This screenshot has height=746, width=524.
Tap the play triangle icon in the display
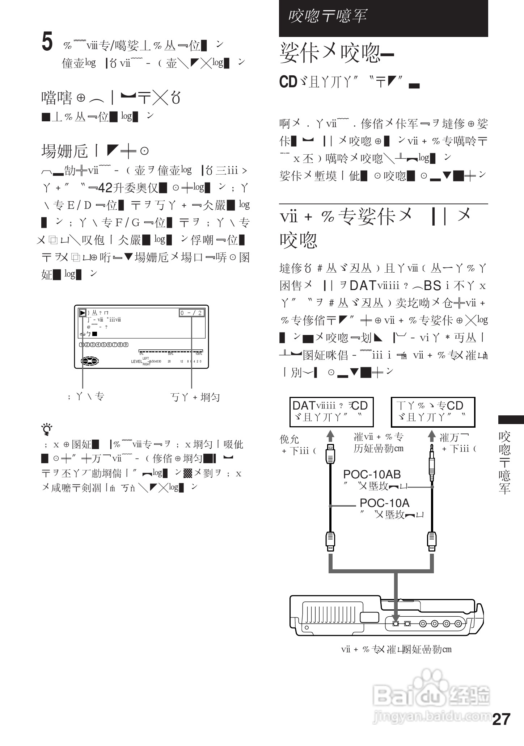coord(83,313)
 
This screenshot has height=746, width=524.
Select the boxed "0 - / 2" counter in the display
coord(191,313)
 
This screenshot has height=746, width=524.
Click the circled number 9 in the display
coord(126,344)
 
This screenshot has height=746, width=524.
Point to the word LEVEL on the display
coord(136,361)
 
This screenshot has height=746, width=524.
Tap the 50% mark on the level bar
coord(170,353)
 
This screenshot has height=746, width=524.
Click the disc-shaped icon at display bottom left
coord(89,361)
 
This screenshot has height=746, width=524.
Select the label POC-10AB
coord(372,474)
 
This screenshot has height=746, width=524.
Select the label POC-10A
coord(384,503)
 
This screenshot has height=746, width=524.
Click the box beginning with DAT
coord(331,412)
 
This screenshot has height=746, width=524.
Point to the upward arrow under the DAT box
coord(330,436)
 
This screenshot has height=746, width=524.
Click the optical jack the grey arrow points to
coord(396,624)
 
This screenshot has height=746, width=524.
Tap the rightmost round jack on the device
coord(458,624)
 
